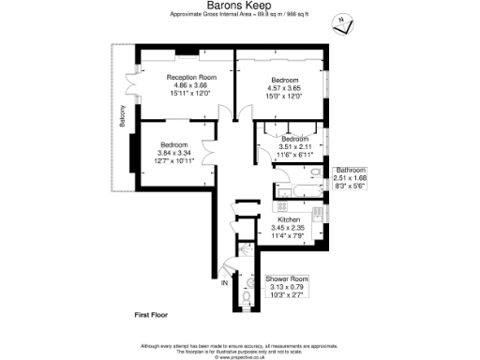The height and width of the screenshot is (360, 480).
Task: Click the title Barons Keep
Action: click(232, 6)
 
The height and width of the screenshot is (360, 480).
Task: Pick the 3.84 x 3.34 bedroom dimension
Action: click(173, 153)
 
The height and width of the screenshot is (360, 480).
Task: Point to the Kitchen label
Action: click(289, 220)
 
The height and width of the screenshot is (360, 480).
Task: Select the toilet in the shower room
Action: click(245, 297)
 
